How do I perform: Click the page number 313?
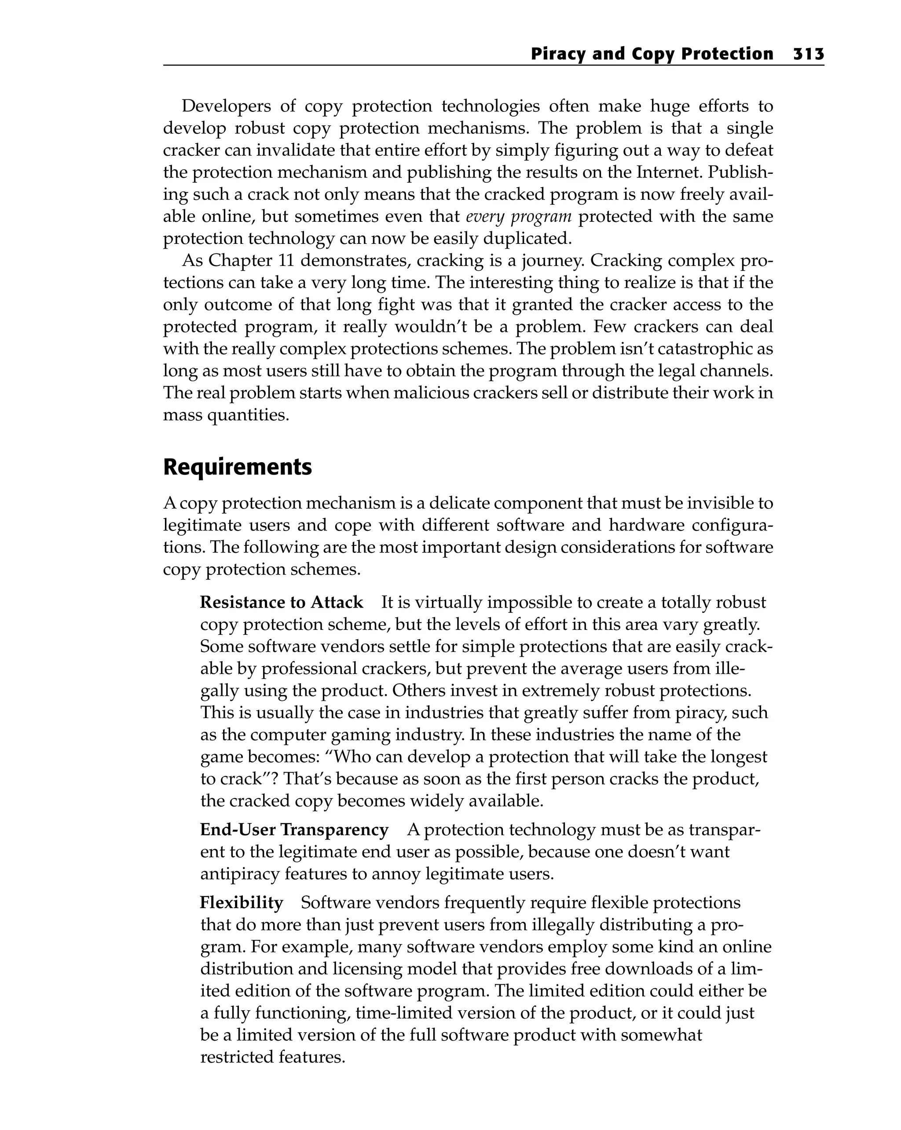coord(808,54)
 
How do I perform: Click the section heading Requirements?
coord(237,467)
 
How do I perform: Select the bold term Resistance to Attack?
coord(281,602)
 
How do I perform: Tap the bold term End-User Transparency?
coord(294,830)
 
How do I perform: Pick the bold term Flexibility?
coord(242,902)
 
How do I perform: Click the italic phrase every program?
coord(518,217)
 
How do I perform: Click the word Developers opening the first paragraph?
coord(226,107)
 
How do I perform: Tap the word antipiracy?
coord(240,874)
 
